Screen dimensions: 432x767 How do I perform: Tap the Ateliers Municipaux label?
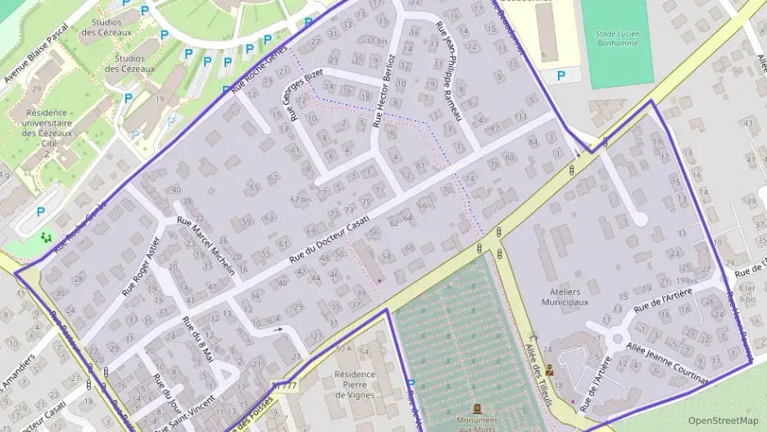(565, 296)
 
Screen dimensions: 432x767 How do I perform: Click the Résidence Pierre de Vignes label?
(354, 384)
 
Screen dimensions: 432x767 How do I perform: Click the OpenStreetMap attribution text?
(723, 421)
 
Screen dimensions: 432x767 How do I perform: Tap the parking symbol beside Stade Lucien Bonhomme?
(560, 75)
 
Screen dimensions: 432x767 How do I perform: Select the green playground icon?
(45, 237)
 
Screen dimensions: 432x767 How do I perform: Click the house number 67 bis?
(301, 199)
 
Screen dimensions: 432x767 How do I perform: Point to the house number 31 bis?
(375, 40)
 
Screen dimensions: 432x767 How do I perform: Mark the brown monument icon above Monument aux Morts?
(477, 407)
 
